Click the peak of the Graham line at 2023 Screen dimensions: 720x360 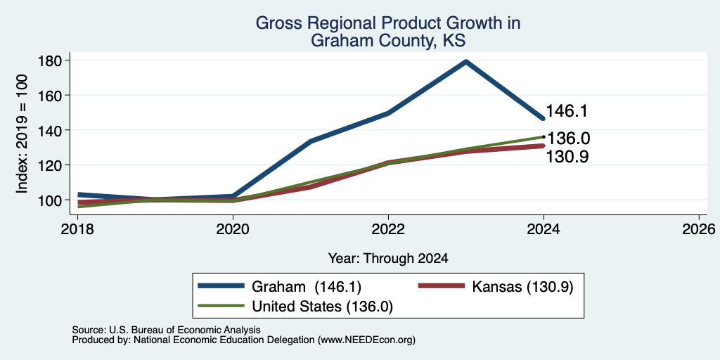pos(465,62)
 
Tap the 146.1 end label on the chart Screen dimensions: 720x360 pos(567,111)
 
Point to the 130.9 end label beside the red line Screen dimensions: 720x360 pos(567,157)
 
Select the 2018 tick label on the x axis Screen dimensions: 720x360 pos(77,229)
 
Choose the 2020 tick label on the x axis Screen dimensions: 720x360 pos(233,229)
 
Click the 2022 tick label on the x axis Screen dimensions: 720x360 pos(388,229)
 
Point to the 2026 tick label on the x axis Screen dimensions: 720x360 pos(700,229)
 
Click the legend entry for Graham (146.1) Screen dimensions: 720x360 pos(279,287)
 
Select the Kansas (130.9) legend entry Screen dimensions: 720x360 pos(496,287)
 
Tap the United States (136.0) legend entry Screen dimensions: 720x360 pos(295,307)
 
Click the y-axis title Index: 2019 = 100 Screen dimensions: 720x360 pos(22,134)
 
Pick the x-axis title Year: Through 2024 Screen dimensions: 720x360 pos(388,259)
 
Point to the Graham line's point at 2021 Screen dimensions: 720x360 pos(310,141)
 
